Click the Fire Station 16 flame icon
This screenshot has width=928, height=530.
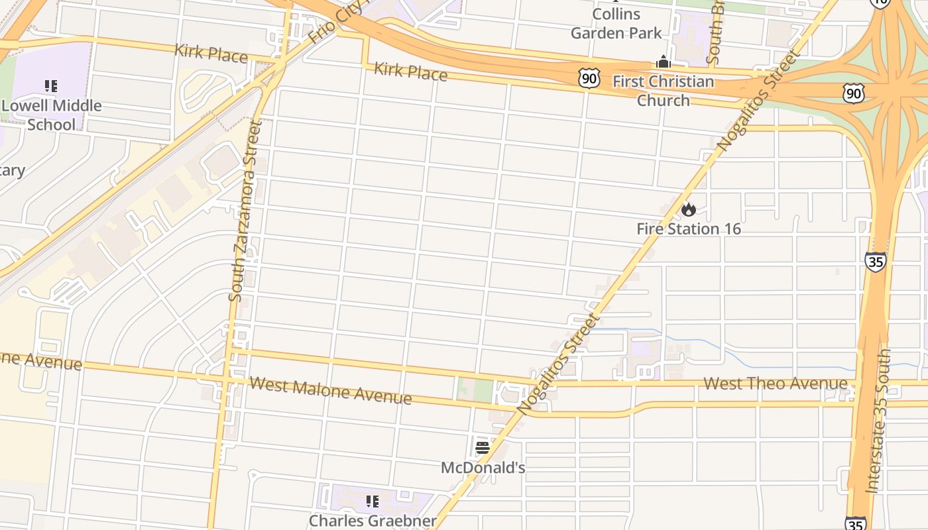click(x=689, y=209)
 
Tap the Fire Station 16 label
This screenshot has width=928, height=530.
click(x=689, y=229)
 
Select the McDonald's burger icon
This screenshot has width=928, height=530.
click(x=483, y=447)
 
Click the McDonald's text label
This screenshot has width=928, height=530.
click(x=483, y=468)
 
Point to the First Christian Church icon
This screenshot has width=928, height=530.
click(x=664, y=62)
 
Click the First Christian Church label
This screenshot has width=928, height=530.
click(x=664, y=91)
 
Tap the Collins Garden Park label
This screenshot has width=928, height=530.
click(x=616, y=24)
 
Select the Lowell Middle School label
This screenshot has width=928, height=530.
click(x=52, y=115)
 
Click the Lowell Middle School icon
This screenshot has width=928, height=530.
click(x=51, y=85)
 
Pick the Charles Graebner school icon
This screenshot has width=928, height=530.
click(x=373, y=502)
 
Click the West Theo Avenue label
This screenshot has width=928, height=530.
click(x=775, y=384)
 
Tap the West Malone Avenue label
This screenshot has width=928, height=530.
click(x=331, y=391)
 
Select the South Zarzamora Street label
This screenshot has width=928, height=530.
click(x=245, y=211)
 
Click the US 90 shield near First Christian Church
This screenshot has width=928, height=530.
click(x=589, y=78)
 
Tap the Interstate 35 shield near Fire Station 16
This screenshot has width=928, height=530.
click(x=875, y=262)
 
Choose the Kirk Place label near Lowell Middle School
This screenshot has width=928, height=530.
click(x=211, y=53)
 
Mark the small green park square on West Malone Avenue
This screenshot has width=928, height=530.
click(x=475, y=390)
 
